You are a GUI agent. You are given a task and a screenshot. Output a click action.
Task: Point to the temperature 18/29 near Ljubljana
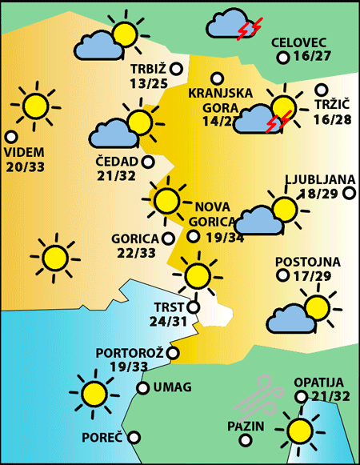pyautogui.click(x=318, y=194)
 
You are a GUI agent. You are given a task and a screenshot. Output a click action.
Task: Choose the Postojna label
pyautogui.click(x=307, y=262)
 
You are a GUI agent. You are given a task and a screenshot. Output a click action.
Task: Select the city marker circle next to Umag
pyautogui.click(x=142, y=388)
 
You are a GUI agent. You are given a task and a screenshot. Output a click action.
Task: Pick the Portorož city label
pyautogui.click(x=130, y=352)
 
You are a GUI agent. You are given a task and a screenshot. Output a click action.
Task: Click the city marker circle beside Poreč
pyautogui.click(x=134, y=438)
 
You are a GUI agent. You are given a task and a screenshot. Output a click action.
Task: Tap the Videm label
pyautogui.click(x=24, y=152)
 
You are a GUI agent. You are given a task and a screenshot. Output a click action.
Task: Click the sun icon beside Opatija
pyautogui.click(x=300, y=430)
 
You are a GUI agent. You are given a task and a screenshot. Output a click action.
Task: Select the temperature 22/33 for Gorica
pyautogui.click(x=135, y=253)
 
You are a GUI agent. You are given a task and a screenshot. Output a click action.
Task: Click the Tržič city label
pyautogui.click(x=329, y=105)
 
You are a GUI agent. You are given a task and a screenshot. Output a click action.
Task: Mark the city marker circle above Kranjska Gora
pyautogui.click(x=216, y=78)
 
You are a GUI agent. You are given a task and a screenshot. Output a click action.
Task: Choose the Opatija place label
pyautogui.click(x=318, y=382)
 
